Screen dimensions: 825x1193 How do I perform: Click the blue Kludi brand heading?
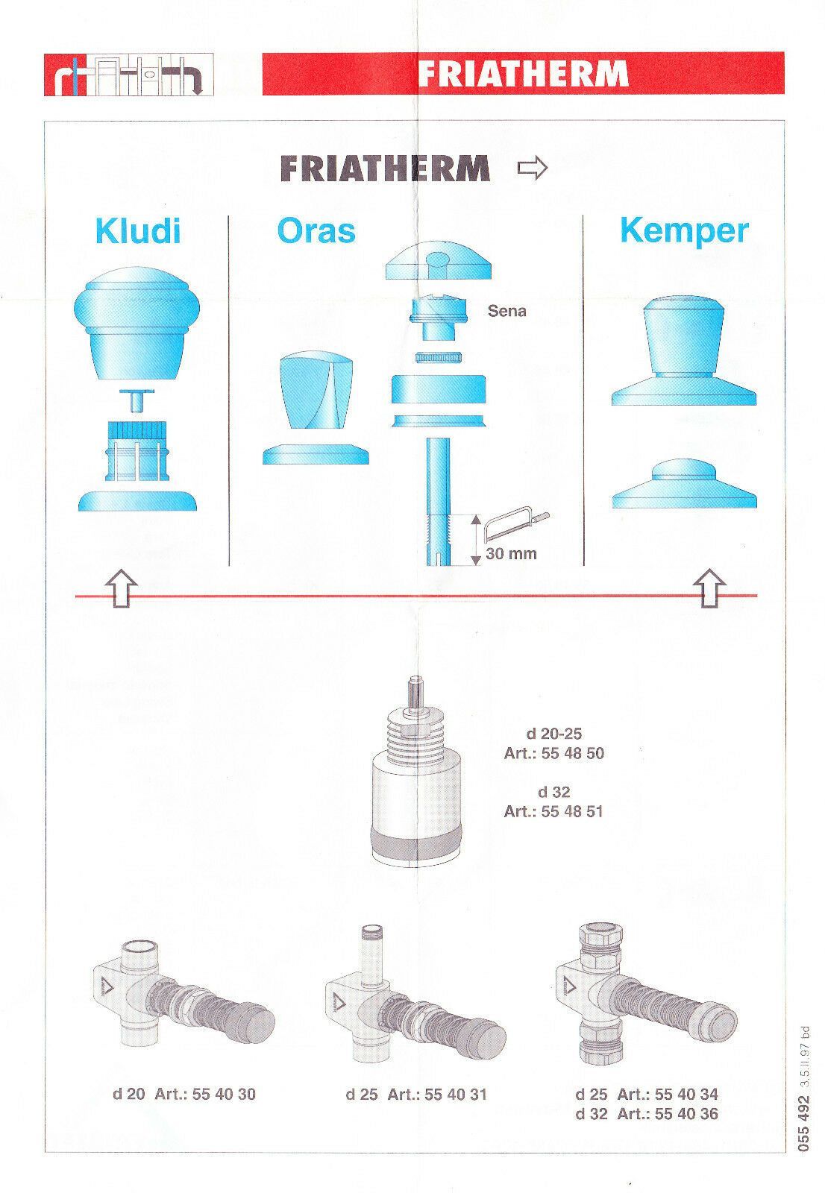[x=138, y=231]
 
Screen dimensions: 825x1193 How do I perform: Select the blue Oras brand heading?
[x=316, y=231]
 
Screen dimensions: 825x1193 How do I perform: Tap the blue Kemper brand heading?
[x=684, y=232]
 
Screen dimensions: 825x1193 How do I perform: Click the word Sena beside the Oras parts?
[x=506, y=311]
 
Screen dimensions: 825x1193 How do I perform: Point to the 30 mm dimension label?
[x=511, y=554]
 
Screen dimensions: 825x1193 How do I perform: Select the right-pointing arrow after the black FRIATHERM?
[x=533, y=169]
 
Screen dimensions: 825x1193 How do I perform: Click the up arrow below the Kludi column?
[x=122, y=588]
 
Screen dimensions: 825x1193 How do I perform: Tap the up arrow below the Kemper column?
[x=709, y=588]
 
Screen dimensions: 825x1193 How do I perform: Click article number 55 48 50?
[x=573, y=754]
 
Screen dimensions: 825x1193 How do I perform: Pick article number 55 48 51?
[x=572, y=812]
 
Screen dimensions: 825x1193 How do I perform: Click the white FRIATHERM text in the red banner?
[x=523, y=74]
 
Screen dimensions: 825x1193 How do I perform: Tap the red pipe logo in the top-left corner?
[x=129, y=75]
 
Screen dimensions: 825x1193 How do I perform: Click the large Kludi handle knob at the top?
[x=137, y=324]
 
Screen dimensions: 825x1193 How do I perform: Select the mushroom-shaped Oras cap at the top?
[x=439, y=260]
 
